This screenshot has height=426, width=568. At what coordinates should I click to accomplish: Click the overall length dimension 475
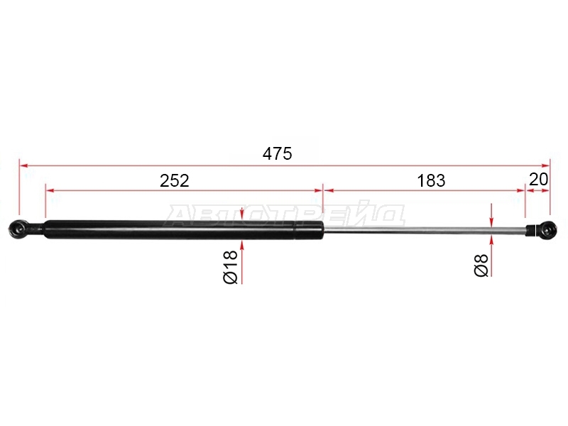click(x=277, y=154)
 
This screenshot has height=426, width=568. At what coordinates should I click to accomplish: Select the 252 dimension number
click(x=175, y=181)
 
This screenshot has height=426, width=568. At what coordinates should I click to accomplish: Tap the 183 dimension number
click(x=431, y=181)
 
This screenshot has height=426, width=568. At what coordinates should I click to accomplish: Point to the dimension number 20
click(x=539, y=180)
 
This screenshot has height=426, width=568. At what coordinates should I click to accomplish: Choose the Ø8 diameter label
click(x=481, y=266)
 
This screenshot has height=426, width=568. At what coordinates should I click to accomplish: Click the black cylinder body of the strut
click(x=183, y=229)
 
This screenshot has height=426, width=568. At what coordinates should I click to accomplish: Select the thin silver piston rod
click(x=425, y=229)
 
